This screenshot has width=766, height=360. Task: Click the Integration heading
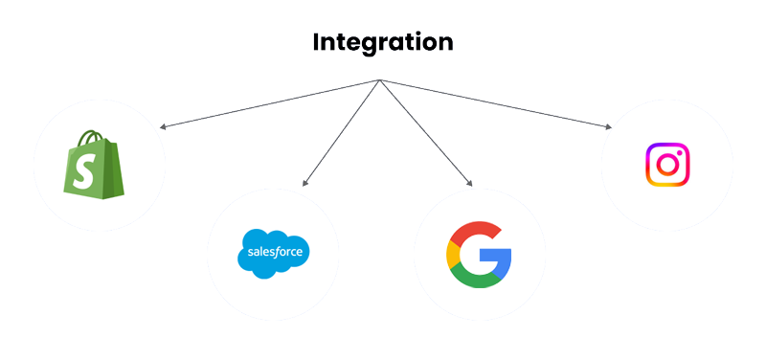point(383,42)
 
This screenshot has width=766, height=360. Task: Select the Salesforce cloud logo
point(274,253)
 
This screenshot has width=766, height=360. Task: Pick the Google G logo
point(479,255)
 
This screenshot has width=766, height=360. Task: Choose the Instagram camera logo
point(667,164)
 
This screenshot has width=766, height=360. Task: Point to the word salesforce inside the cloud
point(274,254)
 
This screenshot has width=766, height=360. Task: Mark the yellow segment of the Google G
point(452,255)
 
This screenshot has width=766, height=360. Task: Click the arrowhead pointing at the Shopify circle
point(162,126)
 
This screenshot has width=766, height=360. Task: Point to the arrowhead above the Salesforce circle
point(304,183)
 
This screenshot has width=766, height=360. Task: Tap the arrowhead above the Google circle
point(469,183)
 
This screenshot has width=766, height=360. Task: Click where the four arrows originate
point(381,79)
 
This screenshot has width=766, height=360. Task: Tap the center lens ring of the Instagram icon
point(667,165)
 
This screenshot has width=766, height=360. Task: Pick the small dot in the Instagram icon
point(680,151)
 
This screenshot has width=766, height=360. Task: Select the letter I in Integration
point(317,42)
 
